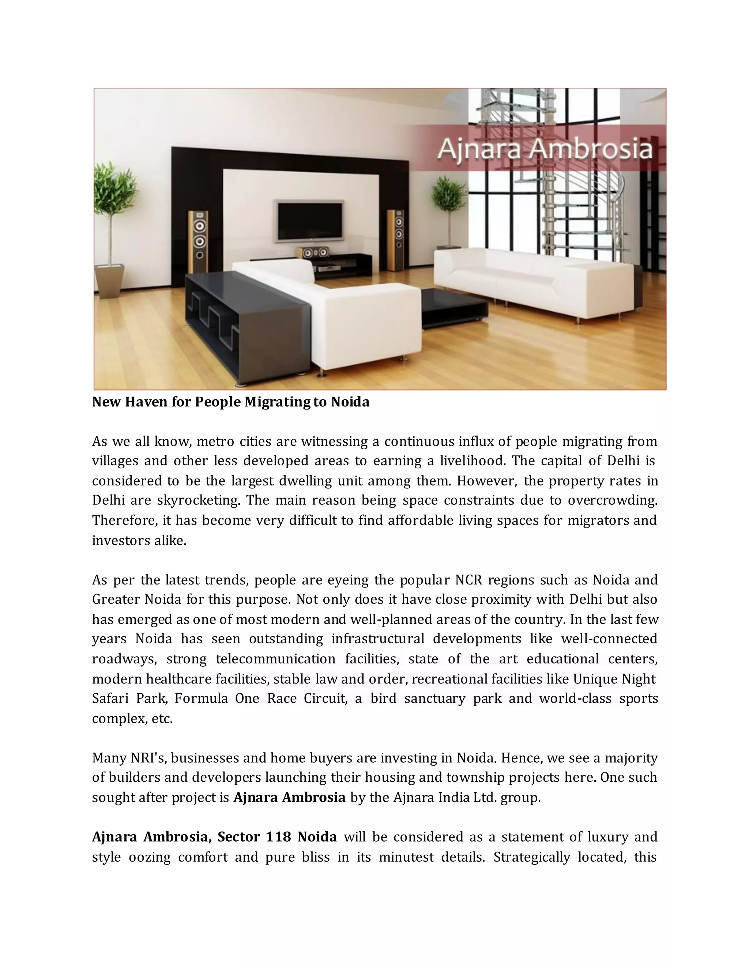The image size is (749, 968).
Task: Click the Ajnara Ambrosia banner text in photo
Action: [x=545, y=149]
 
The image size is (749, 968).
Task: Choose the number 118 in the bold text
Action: [x=278, y=837]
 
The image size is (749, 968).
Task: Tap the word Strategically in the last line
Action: [x=531, y=857]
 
